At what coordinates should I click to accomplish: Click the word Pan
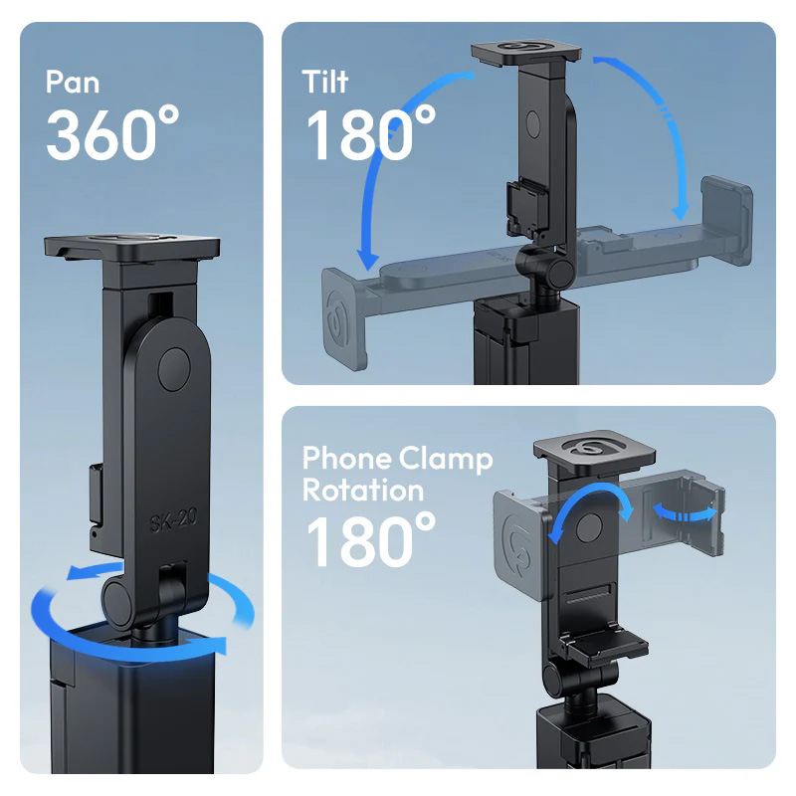[72, 82]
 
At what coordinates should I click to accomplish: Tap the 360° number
[112, 133]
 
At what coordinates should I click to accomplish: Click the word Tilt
[325, 82]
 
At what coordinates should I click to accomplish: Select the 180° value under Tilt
[370, 133]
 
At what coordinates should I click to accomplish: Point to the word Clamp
[446, 460]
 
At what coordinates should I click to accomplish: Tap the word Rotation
[363, 491]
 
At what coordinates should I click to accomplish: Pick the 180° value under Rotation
[370, 540]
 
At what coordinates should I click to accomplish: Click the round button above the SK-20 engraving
[174, 369]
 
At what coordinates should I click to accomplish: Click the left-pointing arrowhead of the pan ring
[77, 573]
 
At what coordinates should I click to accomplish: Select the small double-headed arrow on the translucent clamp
[685, 514]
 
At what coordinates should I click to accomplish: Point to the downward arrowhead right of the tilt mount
[681, 209]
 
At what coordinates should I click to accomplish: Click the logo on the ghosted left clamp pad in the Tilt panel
[338, 319]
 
